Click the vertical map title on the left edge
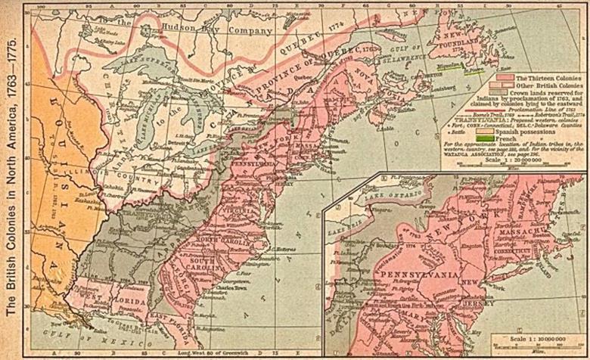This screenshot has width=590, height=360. coord(13,179)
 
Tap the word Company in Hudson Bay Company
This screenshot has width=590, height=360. coord(244,31)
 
